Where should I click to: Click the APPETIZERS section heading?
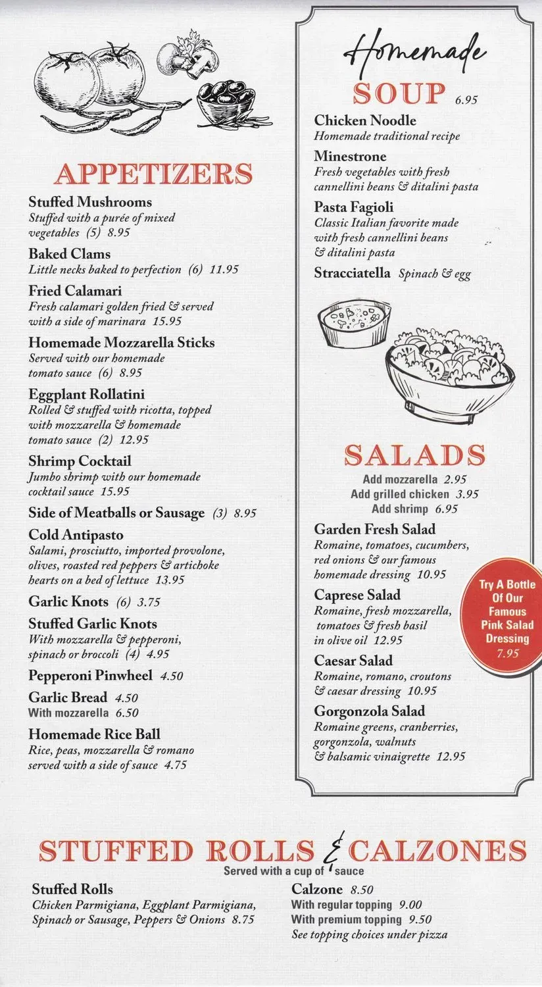tap(153, 174)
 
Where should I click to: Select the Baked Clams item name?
tap(69, 254)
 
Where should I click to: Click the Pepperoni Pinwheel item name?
tap(90, 676)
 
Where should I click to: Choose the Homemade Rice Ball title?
tap(94, 734)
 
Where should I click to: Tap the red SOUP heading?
tap(399, 94)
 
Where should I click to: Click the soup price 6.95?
tap(466, 101)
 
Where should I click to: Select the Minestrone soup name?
tap(350, 157)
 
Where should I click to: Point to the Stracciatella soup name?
tap(352, 273)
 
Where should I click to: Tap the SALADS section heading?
tap(415, 455)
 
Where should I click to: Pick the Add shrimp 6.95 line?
tap(414, 509)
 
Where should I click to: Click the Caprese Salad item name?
tap(357, 595)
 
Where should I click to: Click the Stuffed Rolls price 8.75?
tap(243, 920)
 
